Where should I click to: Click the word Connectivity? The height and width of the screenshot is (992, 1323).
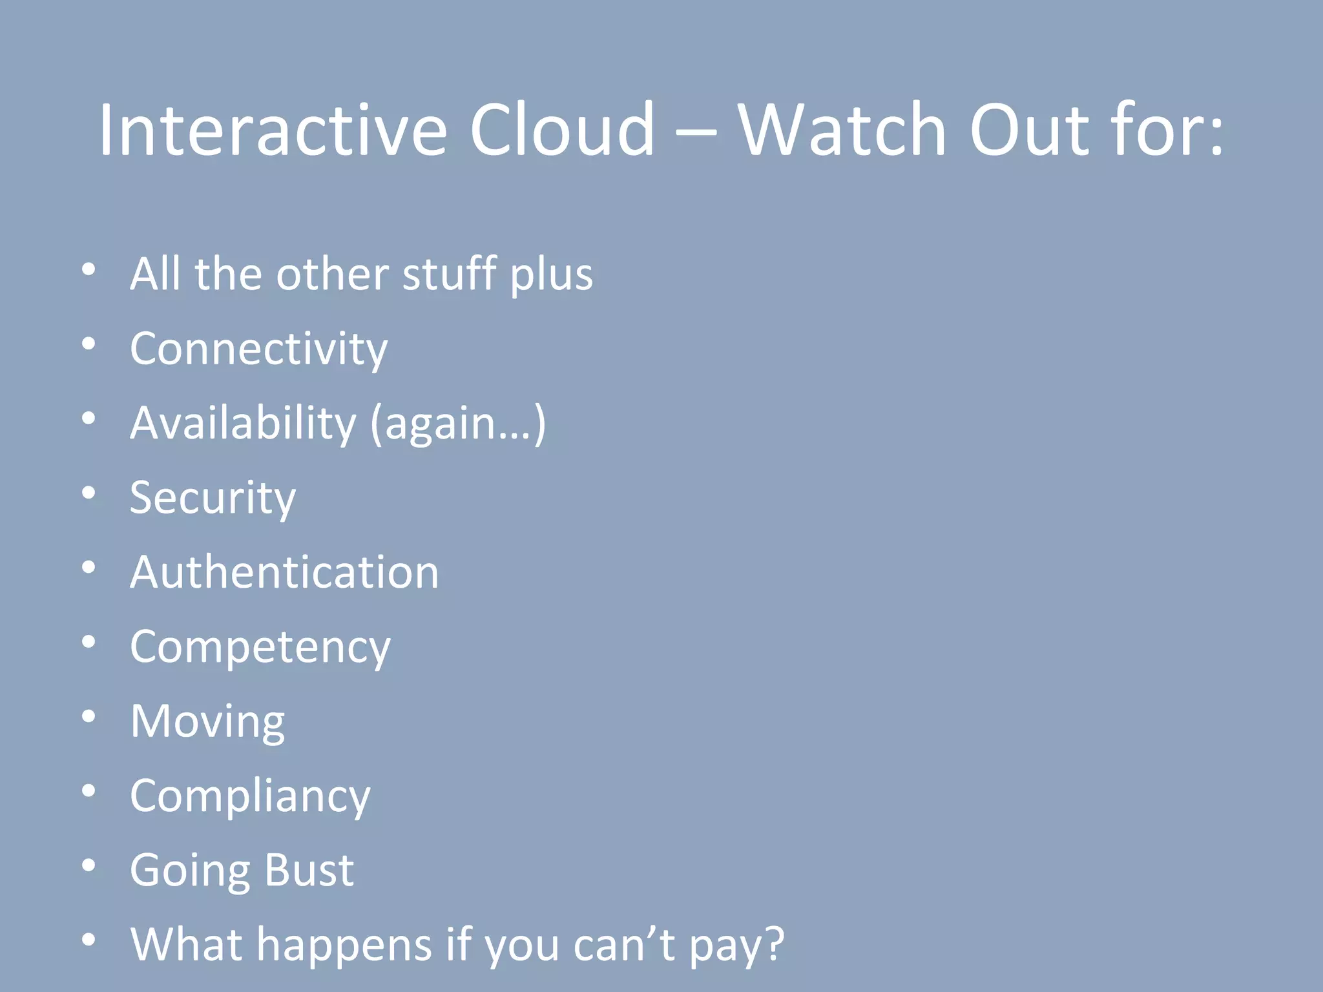pos(258,349)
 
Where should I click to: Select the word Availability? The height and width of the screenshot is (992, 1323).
pos(243,423)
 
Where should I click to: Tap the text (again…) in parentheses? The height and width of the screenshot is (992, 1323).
pos(458,424)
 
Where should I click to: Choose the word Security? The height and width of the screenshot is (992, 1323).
pos(213,498)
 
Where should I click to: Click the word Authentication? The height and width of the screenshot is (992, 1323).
pos(284,572)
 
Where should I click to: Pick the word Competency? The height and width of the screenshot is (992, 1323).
pos(260,647)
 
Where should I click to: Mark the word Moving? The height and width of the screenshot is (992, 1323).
pos(207,721)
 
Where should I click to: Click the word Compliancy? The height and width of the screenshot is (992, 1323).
pos(250,796)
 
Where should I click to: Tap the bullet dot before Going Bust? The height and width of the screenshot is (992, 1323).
pos(89,865)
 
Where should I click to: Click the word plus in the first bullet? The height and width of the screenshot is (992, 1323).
pos(551,275)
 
